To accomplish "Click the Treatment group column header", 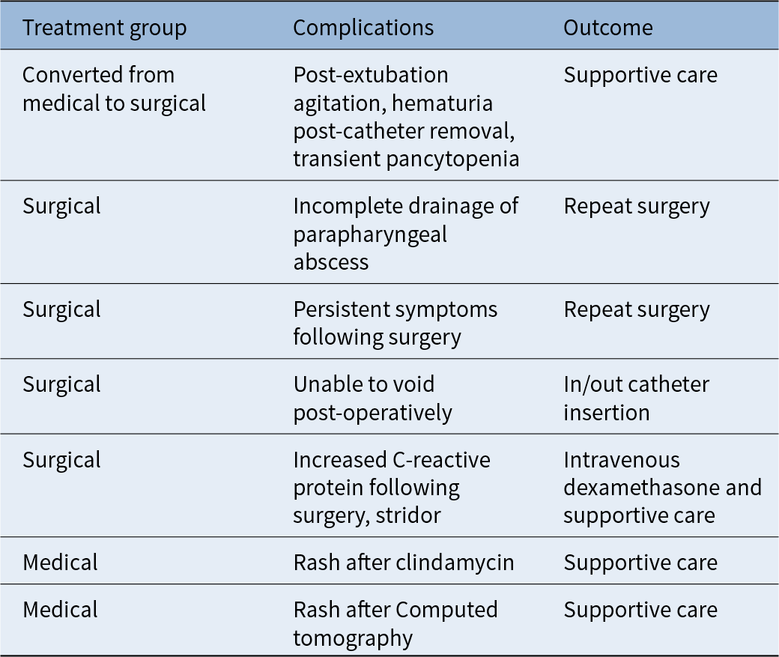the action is pyautogui.click(x=104, y=28).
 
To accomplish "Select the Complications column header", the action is pyautogui.click(x=363, y=28).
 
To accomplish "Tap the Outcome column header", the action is pyautogui.click(x=608, y=28).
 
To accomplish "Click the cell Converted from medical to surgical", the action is pyautogui.click(x=115, y=89).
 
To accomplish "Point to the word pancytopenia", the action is pyautogui.click(x=452, y=160).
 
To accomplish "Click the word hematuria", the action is pyautogui.click(x=442, y=103).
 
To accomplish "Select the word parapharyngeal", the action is pyautogui.click(x=370, y=234).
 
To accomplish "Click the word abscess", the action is pyautogui.click(x=331, y=262).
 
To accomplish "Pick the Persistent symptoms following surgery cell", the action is pyautogui.click(x=395, y=323).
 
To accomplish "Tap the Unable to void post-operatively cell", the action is pyautogui.click(x=372, y=399).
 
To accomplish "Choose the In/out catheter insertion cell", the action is pyautogui.click(x=637, y=399).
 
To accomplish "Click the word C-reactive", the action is pyautogui.click(x=441, y=460).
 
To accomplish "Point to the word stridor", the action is pyautogui.click(x=408, y=515).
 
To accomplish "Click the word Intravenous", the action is pyautogui.click(x=622, y=460).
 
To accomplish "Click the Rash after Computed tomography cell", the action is pyautogui.click(x=395, y=624).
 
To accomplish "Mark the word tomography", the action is pyautogui.click(x=353, y=638).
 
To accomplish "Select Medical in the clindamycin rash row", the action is pyautogui.click(x=60, y=563).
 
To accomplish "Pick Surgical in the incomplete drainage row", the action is pyautogui.click(x=61, y=206).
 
